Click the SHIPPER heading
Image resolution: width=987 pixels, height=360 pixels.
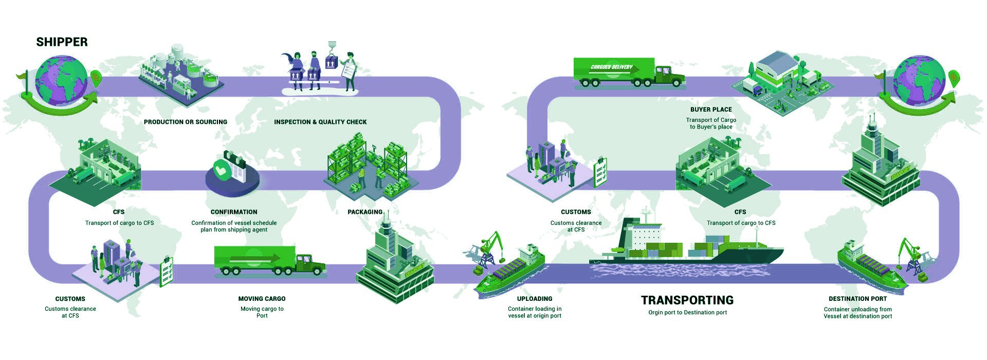(62, 42)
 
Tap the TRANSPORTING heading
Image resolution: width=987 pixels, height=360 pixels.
(687, 300)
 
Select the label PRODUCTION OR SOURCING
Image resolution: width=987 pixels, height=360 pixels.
(185, 122)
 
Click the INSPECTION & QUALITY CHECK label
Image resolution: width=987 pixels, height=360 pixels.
(320, 122)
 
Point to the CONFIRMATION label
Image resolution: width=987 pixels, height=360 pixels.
(234, 212)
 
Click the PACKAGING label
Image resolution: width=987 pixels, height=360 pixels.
(365, 212)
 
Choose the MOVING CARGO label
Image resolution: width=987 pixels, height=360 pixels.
(262, 299)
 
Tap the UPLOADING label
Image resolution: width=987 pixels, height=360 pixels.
(535, 299)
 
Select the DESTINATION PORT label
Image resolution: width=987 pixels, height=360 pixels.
(857, 299)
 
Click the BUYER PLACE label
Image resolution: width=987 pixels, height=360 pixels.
(711, 110)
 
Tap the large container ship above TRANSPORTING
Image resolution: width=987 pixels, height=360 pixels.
(689, 244)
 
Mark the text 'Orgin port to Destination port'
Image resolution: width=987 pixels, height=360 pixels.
(687, 313)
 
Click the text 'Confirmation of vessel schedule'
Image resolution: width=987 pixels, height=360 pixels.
(234, 223)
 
